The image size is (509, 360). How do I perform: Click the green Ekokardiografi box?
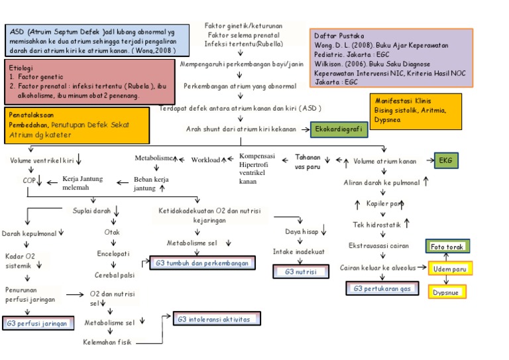339,130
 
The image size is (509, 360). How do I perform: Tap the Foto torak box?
447,247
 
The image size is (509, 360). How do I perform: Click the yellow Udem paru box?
449,269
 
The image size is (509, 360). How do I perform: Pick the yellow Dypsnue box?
447,292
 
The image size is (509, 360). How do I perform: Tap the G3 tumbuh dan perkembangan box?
202,263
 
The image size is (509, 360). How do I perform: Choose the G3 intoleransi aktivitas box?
214,320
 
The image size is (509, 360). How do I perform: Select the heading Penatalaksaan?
32,114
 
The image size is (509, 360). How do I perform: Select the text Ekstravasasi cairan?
379,245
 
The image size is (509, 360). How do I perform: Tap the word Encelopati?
113,253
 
